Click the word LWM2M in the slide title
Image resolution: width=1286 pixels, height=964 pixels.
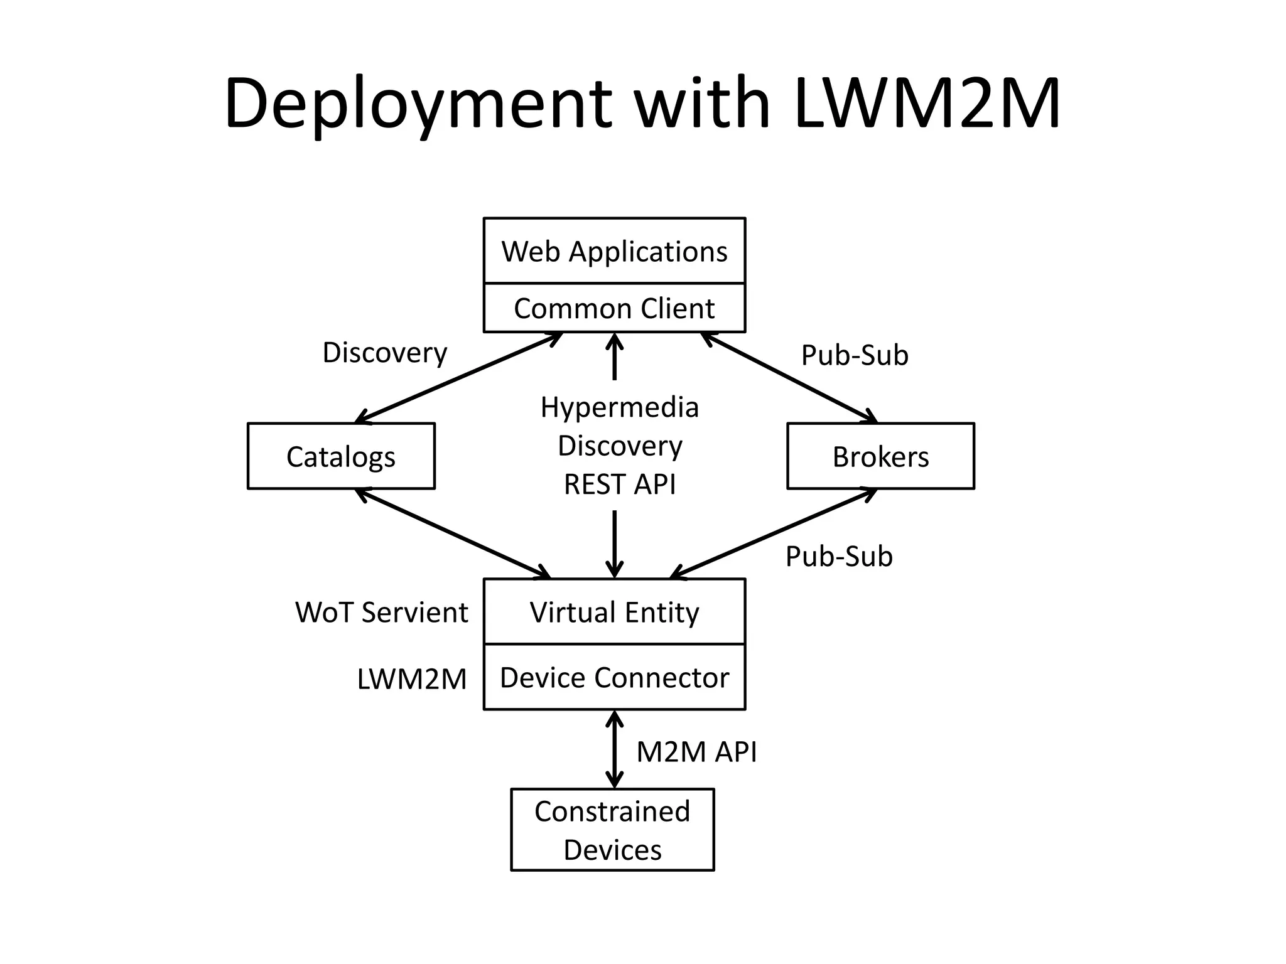[927, 104]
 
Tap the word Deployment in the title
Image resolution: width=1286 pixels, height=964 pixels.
[418, 104]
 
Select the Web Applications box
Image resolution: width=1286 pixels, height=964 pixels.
[614, 251]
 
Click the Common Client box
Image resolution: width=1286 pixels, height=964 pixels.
[614, 308]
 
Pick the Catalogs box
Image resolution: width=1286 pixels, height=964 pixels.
[341, 456]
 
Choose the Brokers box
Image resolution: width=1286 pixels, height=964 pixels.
[880, 456]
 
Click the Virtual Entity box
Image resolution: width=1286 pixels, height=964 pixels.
[614, 612]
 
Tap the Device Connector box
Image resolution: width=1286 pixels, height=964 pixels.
[614, 678]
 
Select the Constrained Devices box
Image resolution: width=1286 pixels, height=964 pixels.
[612, 830]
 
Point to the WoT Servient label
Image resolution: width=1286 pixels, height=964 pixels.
[381, 612]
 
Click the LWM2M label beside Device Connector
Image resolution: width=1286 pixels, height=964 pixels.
[412, 679]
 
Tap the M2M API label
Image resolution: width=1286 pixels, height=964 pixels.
[696, 751]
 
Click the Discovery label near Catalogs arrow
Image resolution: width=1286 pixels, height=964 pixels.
[384, 353]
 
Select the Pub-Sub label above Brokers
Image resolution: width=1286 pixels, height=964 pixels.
[855, 355]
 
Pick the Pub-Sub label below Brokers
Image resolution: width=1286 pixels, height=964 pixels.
[839, 557]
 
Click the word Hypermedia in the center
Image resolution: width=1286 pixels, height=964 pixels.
[619, 407]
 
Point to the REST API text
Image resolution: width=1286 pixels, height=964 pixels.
[619, 485]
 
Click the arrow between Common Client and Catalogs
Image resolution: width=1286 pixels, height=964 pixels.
[458, 378]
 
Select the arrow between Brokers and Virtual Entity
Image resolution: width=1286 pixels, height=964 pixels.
[774, 533]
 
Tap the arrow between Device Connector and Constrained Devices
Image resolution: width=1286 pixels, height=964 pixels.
[614, 749]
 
